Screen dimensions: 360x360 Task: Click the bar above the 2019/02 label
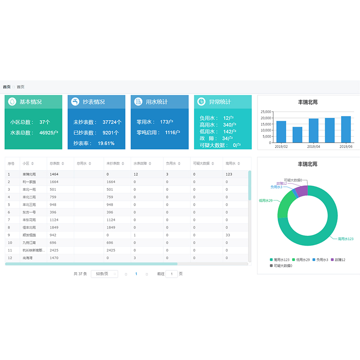[281, 131]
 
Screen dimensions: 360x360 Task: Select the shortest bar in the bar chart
[297, 135]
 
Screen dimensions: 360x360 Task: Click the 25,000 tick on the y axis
[266, 112]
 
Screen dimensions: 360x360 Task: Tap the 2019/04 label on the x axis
[313, 147]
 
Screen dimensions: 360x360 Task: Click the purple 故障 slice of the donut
[301, 190]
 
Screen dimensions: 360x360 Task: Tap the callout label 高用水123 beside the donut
[345, 239]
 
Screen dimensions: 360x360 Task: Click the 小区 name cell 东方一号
[29, 212]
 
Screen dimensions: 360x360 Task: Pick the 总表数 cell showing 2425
[54, 250]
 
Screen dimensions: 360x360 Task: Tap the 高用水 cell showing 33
[228, 235]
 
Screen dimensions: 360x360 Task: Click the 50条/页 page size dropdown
[104, 274]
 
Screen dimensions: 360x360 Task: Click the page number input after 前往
[171, 274]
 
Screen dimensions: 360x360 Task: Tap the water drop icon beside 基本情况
[12, 102]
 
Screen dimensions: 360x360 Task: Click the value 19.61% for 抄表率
[106, 143]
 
